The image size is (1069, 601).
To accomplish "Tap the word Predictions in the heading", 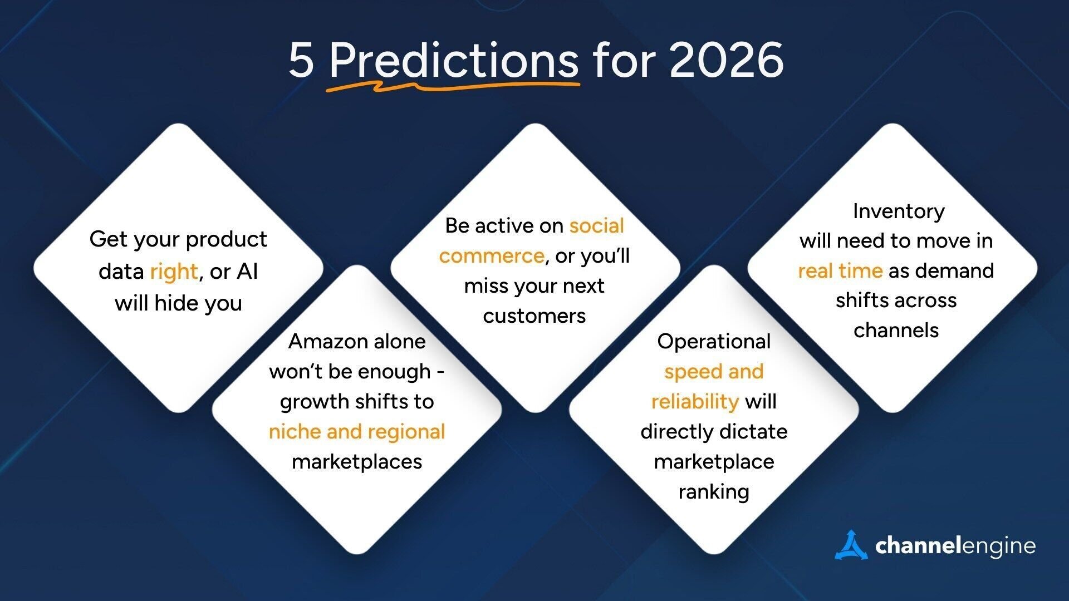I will pos(454,60).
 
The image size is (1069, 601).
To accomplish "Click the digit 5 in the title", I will pos(301,60).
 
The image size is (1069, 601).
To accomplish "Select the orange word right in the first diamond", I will pos(174,272).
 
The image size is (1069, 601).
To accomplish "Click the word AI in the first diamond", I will pos(247,271).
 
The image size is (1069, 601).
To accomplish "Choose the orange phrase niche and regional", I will pos(356,432).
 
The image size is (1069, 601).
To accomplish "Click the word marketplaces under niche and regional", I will pos(356,462).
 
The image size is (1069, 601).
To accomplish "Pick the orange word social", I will pos(596,226).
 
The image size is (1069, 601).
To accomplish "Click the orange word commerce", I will pos(491,256).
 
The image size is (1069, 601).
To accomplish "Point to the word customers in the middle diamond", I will pos(534,316).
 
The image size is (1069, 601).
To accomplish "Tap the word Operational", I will pos(714,341).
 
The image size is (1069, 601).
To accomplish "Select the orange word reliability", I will pos(695,401).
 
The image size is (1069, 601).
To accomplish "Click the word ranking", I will pos(714,492).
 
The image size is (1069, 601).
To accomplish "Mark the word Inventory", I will pos(898,211).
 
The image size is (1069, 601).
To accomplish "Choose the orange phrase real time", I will pos(840,271).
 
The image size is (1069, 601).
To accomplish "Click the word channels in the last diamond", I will pos(896,331).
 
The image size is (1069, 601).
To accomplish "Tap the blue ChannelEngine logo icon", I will pos(850,545).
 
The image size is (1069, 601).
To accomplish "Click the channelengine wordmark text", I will pos(955,546).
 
